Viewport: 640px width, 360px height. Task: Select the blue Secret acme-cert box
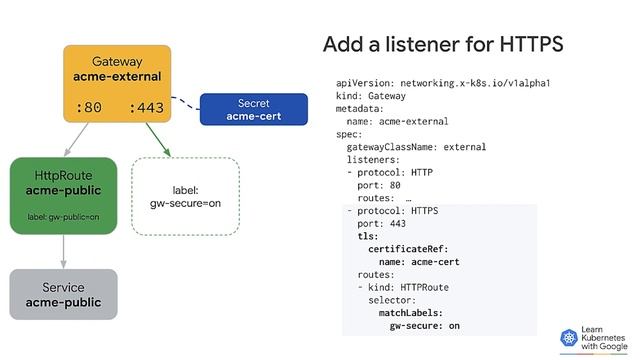pyautogui.click(x=253, y=110)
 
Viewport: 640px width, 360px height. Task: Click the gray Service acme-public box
pyautogui.click(x=64, y=295)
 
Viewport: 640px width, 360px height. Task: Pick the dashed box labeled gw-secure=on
pyautogui.click(x=185, y=196)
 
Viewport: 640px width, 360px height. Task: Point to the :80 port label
pyautogui.click(x=89, y=106)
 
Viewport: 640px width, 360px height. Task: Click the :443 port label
pyautogui.click(x=146, y=106)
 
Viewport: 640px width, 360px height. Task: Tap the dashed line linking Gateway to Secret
pyautogui.click(x=184, y=101)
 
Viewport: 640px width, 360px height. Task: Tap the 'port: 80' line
pyautogui.click(x=379, y=185)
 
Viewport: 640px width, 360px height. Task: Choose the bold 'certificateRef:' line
pyautogui.click(x=408, y=249)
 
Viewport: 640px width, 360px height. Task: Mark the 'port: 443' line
pyautogui.click(x=381, y=224)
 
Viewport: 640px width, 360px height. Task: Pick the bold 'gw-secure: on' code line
pyautogui.click(x=425, y=326)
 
